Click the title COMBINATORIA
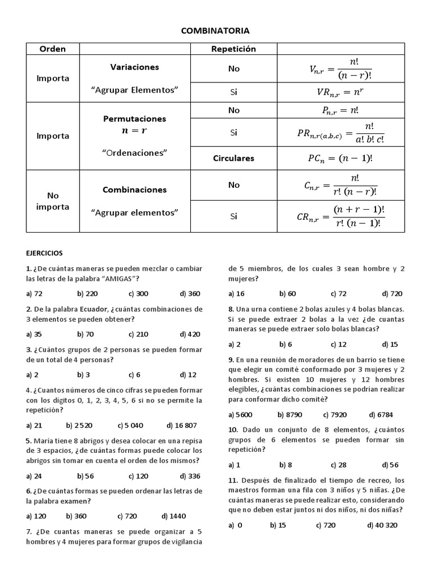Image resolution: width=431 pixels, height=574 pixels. pos(215,31)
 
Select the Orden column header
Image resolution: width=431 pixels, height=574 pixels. pos(52,49)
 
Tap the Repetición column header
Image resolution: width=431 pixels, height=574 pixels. pos(233,49)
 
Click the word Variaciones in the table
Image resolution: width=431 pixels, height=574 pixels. pos(135,67)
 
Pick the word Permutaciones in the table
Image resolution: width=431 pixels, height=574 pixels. pos(135,119)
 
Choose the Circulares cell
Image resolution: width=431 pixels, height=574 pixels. pos(233,158)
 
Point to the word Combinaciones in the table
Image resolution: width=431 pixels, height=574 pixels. pos(135,189)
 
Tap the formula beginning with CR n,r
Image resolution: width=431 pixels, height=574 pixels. pos(340,216)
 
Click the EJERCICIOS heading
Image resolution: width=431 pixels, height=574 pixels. pos(44,253)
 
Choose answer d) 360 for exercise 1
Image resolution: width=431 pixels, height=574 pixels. pos(190,294)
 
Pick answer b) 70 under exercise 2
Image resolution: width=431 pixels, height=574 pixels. pos(85,334)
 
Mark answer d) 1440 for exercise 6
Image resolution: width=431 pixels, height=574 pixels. pos(173,516)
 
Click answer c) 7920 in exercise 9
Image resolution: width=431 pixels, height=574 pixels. pos(335,415)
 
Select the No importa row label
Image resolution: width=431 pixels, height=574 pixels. pos(52,201)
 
